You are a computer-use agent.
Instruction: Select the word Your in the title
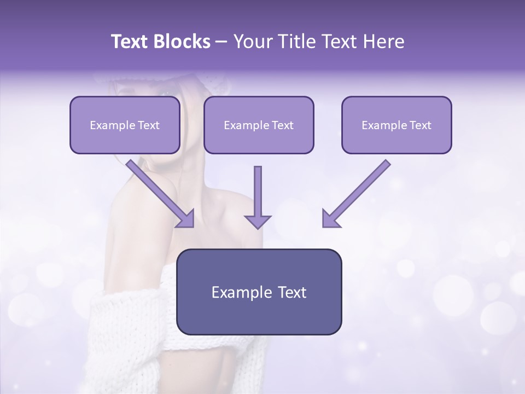pyautogui.click(x=251, y=42)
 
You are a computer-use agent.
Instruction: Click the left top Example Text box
pyautogui.click(x=125, y=125)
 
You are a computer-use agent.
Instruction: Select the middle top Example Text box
pyautogui.click(x=259, y=125)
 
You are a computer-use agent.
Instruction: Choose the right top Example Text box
pyautogui.click(x=396, y=125)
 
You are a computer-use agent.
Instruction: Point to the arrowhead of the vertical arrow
pyautogui.click(x=258, y=221)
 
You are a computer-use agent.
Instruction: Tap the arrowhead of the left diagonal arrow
pyautogui.click(x=186, y=219)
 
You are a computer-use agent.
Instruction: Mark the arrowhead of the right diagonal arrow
pyautogui.click(x=330, y=219)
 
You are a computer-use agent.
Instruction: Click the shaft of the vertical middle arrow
pyautogui.click(x=258, y=189)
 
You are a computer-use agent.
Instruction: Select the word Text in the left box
pyautogui.click(x=148, y=125)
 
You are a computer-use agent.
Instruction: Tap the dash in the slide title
pyautogui.click(x=221, y=42)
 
